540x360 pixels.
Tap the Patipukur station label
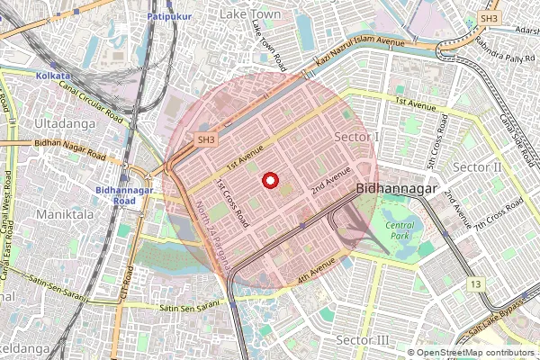[x=168, y=17]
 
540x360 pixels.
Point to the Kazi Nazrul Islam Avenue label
[x=360, y=55]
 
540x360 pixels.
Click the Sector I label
[x=357, y=136]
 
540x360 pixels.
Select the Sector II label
[x=477, y=168]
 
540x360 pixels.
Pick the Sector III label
[x=362, y=339]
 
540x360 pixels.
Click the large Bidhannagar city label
[x=397, y=190]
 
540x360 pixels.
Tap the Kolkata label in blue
[x=53, y=76]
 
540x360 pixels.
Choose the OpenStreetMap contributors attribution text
[x=474, y=353]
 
